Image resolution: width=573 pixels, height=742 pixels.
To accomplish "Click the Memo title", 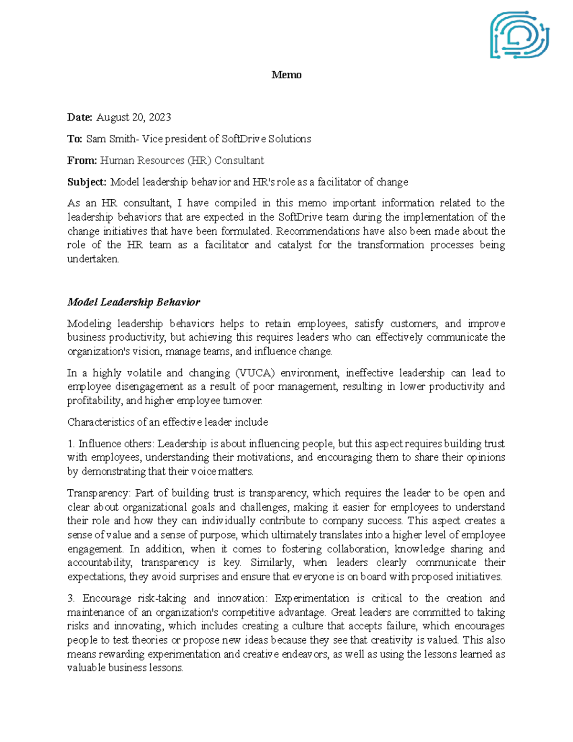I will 286,75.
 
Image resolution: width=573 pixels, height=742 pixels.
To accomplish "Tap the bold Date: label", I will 79,118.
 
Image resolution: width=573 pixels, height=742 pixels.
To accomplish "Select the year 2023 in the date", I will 159,118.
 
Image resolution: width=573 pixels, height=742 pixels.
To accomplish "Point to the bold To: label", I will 74,139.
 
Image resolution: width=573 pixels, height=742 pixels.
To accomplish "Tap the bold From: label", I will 82,161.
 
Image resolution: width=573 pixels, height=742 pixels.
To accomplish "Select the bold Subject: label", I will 86,182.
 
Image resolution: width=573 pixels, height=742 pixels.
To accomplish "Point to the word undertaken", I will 93,259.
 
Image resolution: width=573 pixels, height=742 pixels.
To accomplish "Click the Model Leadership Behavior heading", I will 134,302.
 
